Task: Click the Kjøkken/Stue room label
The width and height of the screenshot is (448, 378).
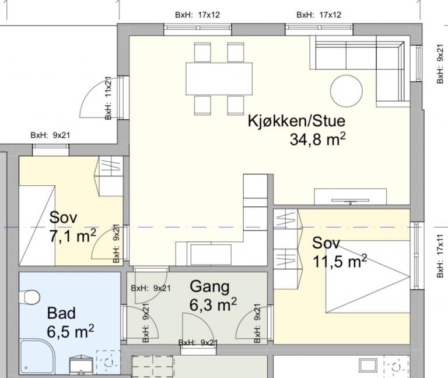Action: coord(296,122)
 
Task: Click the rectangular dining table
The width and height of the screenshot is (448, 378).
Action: coord(219,78)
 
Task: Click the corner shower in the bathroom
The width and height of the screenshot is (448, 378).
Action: coord(36,357)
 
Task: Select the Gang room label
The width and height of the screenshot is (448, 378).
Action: coord(209,287)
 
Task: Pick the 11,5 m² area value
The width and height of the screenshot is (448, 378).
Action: coord(339,261)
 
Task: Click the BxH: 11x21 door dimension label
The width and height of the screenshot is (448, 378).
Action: coord(108,98)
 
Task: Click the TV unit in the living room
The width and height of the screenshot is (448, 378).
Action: coord(351,197)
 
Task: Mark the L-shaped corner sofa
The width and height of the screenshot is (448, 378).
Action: coord(373,58)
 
